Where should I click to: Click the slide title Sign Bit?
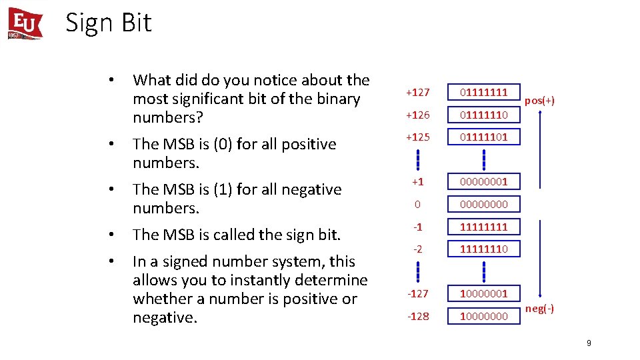pyautogui.click(x=109, y=23)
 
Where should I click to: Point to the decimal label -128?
pyautogui.click(x=418, y=316)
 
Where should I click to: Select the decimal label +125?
pyautogui.click(x=418, y=138)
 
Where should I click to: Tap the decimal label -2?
pyautogui.click(x=418, y=249)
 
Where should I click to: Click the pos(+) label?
pyautogui.click(x=540, y=101)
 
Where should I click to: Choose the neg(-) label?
pyautogui.click(x=539, y=309)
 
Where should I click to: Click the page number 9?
pyautogui.click(x=589, y=343)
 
